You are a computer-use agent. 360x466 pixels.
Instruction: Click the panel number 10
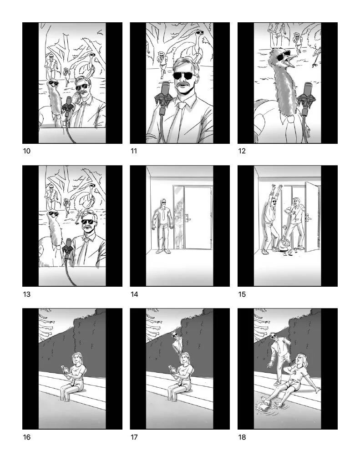coord(27,151)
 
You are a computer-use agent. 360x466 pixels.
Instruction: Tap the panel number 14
coord(134,294)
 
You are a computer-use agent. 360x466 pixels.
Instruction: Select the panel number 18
coord(242,437)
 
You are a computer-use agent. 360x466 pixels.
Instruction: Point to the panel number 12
coord(242,151)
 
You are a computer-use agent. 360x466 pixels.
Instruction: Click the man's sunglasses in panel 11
coord(183,76)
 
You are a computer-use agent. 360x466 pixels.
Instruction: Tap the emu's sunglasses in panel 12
coord(283,56)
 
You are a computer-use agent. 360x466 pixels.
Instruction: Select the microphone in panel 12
coord(306,99)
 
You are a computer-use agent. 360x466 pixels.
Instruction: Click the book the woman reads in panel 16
coord(65,370)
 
